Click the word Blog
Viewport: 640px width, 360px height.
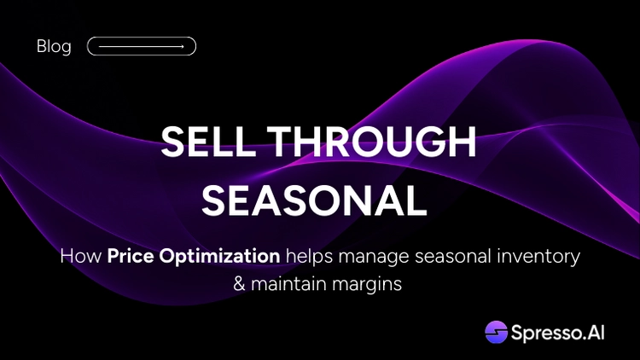54,47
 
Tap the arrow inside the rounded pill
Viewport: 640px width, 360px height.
141,47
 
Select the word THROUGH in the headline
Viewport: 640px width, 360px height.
371,142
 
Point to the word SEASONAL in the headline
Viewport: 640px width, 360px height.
314,200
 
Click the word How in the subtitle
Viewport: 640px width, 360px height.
81,256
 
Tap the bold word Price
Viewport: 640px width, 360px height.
131,256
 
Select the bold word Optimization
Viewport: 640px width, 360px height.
219,257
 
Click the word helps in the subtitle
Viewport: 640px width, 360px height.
309,257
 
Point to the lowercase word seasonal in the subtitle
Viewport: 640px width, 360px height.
452,256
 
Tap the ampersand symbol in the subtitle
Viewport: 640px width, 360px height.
239,284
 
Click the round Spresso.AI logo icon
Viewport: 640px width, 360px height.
497,332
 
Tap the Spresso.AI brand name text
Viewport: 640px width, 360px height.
557,333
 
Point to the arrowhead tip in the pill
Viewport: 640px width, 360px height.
183,47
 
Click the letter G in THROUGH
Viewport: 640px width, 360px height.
428,142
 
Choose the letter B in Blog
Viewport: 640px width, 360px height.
42,46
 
